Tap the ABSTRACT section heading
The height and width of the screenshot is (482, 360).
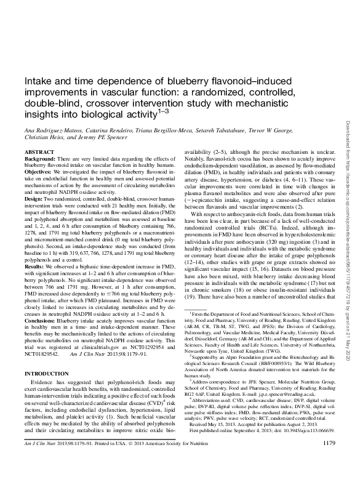coord(36,151)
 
